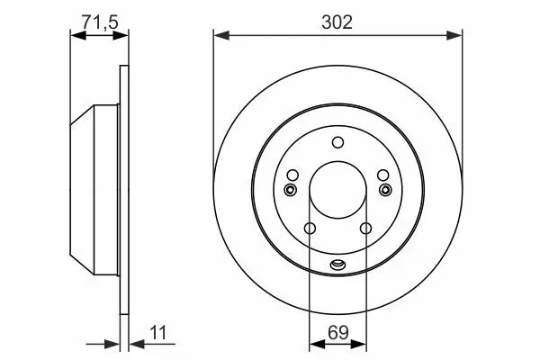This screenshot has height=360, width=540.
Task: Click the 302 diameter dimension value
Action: pyautogui.click(x=337, y=22)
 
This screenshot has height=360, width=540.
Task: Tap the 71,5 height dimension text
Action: pyautogui.click(x=100, y=22)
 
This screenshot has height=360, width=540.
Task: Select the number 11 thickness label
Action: pyautogui.click(x=158, y=333)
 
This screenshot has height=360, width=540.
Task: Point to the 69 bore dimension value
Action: pyautogui.click(x=338, y=333)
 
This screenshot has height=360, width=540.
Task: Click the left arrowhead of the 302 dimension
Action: pyautogui.click(x=221, y=35)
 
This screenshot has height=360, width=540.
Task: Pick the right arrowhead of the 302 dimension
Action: pyautogui.click(x=454, y=35)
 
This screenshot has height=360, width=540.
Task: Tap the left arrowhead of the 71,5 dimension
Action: pyautogui.click(x=77, y=35)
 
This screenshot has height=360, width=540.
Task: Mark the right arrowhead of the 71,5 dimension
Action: pyautogui.click(x=121, y=35)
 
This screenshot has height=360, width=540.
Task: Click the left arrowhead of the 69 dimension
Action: pyautogui.click(x=317, y=344)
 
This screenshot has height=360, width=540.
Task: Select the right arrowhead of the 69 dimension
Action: pyautogui.click(x=358, y=344)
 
